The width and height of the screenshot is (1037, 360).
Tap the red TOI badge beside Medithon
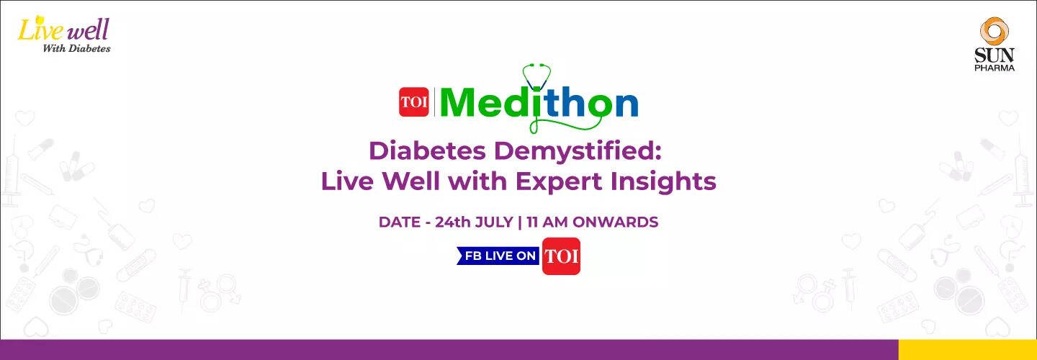[414, 102]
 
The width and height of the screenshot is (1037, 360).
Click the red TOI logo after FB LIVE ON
[561, 256]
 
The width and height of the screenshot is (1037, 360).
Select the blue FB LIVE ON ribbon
[498, 256]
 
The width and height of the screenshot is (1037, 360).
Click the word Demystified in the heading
[578, 152]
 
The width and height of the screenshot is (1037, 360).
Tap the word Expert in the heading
[558, 181]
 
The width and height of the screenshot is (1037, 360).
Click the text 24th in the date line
[452, 222]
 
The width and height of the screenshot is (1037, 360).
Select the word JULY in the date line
[494, 222]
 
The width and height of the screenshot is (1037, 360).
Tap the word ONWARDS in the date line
[615, 222]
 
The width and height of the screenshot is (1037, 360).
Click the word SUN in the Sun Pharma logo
[994, 55]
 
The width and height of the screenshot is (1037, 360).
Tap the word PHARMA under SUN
[995, 68]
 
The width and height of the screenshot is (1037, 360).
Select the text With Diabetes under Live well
[76, 48]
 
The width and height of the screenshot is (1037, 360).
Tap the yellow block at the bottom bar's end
[968, 349]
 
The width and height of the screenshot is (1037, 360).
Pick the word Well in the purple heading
[410, 181]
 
